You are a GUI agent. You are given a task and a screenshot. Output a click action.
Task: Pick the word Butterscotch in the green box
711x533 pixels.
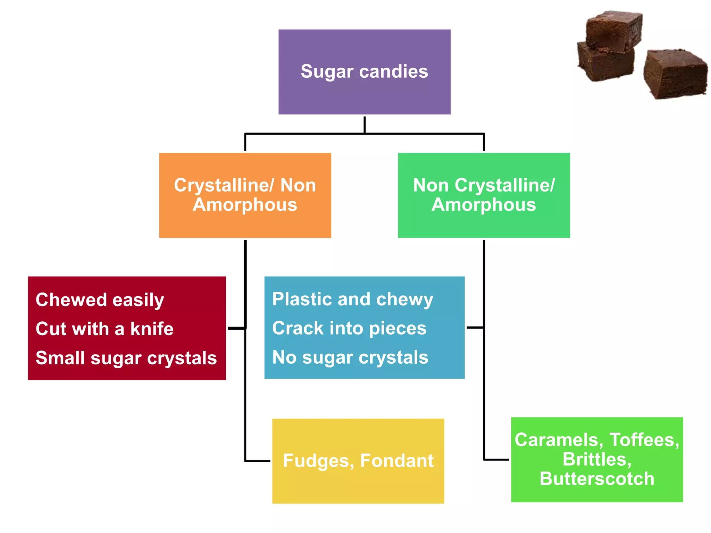(x=597, y=479)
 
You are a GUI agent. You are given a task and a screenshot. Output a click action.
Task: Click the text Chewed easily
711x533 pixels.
(x=100, y=300)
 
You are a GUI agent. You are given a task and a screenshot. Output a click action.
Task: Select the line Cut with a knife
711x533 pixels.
(x=104, y=329)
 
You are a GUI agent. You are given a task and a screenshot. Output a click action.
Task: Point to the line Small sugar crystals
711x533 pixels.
(x=126, y=358)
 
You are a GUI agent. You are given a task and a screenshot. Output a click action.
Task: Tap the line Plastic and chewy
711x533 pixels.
(x=352, y=299)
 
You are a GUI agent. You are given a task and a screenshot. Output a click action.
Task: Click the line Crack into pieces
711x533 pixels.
(x=349, y=328)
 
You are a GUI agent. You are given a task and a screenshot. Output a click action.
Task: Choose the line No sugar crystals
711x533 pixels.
(x=350, y=357)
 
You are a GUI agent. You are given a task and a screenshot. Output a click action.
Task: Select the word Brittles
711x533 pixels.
(x=597, y=459)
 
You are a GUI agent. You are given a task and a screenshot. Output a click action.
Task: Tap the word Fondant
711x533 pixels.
(x=397, y=461)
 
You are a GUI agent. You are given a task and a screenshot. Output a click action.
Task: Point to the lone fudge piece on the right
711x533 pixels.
(x=675, y=74)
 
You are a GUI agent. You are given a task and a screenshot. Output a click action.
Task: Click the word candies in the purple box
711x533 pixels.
(x=393, y=71)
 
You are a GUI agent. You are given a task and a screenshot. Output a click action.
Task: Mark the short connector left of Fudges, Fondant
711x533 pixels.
(x=258, y=461)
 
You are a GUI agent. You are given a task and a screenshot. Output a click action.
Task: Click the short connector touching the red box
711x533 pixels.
(x=236, y=328)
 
